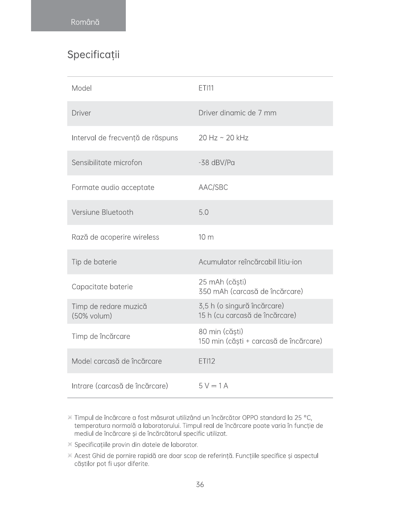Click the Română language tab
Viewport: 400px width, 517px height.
pyautogui.click(x=85, y=22)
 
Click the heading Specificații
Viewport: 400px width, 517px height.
pyautogui.click(x=93, y=55)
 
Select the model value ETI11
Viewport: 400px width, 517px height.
pyautogui.click(x=206, y=88)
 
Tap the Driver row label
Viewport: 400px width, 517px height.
pyautogui.click(x=81, y=113)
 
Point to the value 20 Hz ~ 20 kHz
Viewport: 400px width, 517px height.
pyautogui.click(x=223, y=138)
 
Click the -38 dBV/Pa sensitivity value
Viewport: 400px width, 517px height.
pyautogui.click(x=216, y=163)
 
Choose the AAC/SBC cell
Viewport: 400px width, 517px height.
pyautogui.click(x=213, y=187)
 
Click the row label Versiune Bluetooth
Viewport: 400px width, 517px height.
pyautogui.click(x=102, y=212)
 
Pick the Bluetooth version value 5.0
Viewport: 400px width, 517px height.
pyautogui.click(x=203, y=212)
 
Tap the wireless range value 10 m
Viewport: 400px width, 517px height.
pyautogui.click(x=206, y=237)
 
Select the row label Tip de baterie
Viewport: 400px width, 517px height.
pyautogui.click(x=94, y=262)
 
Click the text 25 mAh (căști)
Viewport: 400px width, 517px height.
pyautogui.click(x=222, y=282)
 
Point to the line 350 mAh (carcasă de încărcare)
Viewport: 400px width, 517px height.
pyautogui.click(x=251, y=291)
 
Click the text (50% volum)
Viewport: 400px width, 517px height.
pyautogui.click(x=92, y=316)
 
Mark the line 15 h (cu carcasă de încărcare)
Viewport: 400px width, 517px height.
pyautogui.click(x=247, y=315)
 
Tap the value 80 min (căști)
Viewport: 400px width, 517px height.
pyautogui.click(x=221, y=332)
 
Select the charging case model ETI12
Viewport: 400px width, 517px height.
pyautogui.click(x=207, y=361)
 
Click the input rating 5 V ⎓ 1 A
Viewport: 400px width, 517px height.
pyautogui.click(x=213, y=386)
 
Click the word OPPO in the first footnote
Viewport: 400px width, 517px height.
pyautogui.click(x=250, y=418)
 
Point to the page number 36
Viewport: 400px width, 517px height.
pyautogui.click(x=200, y=485)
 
